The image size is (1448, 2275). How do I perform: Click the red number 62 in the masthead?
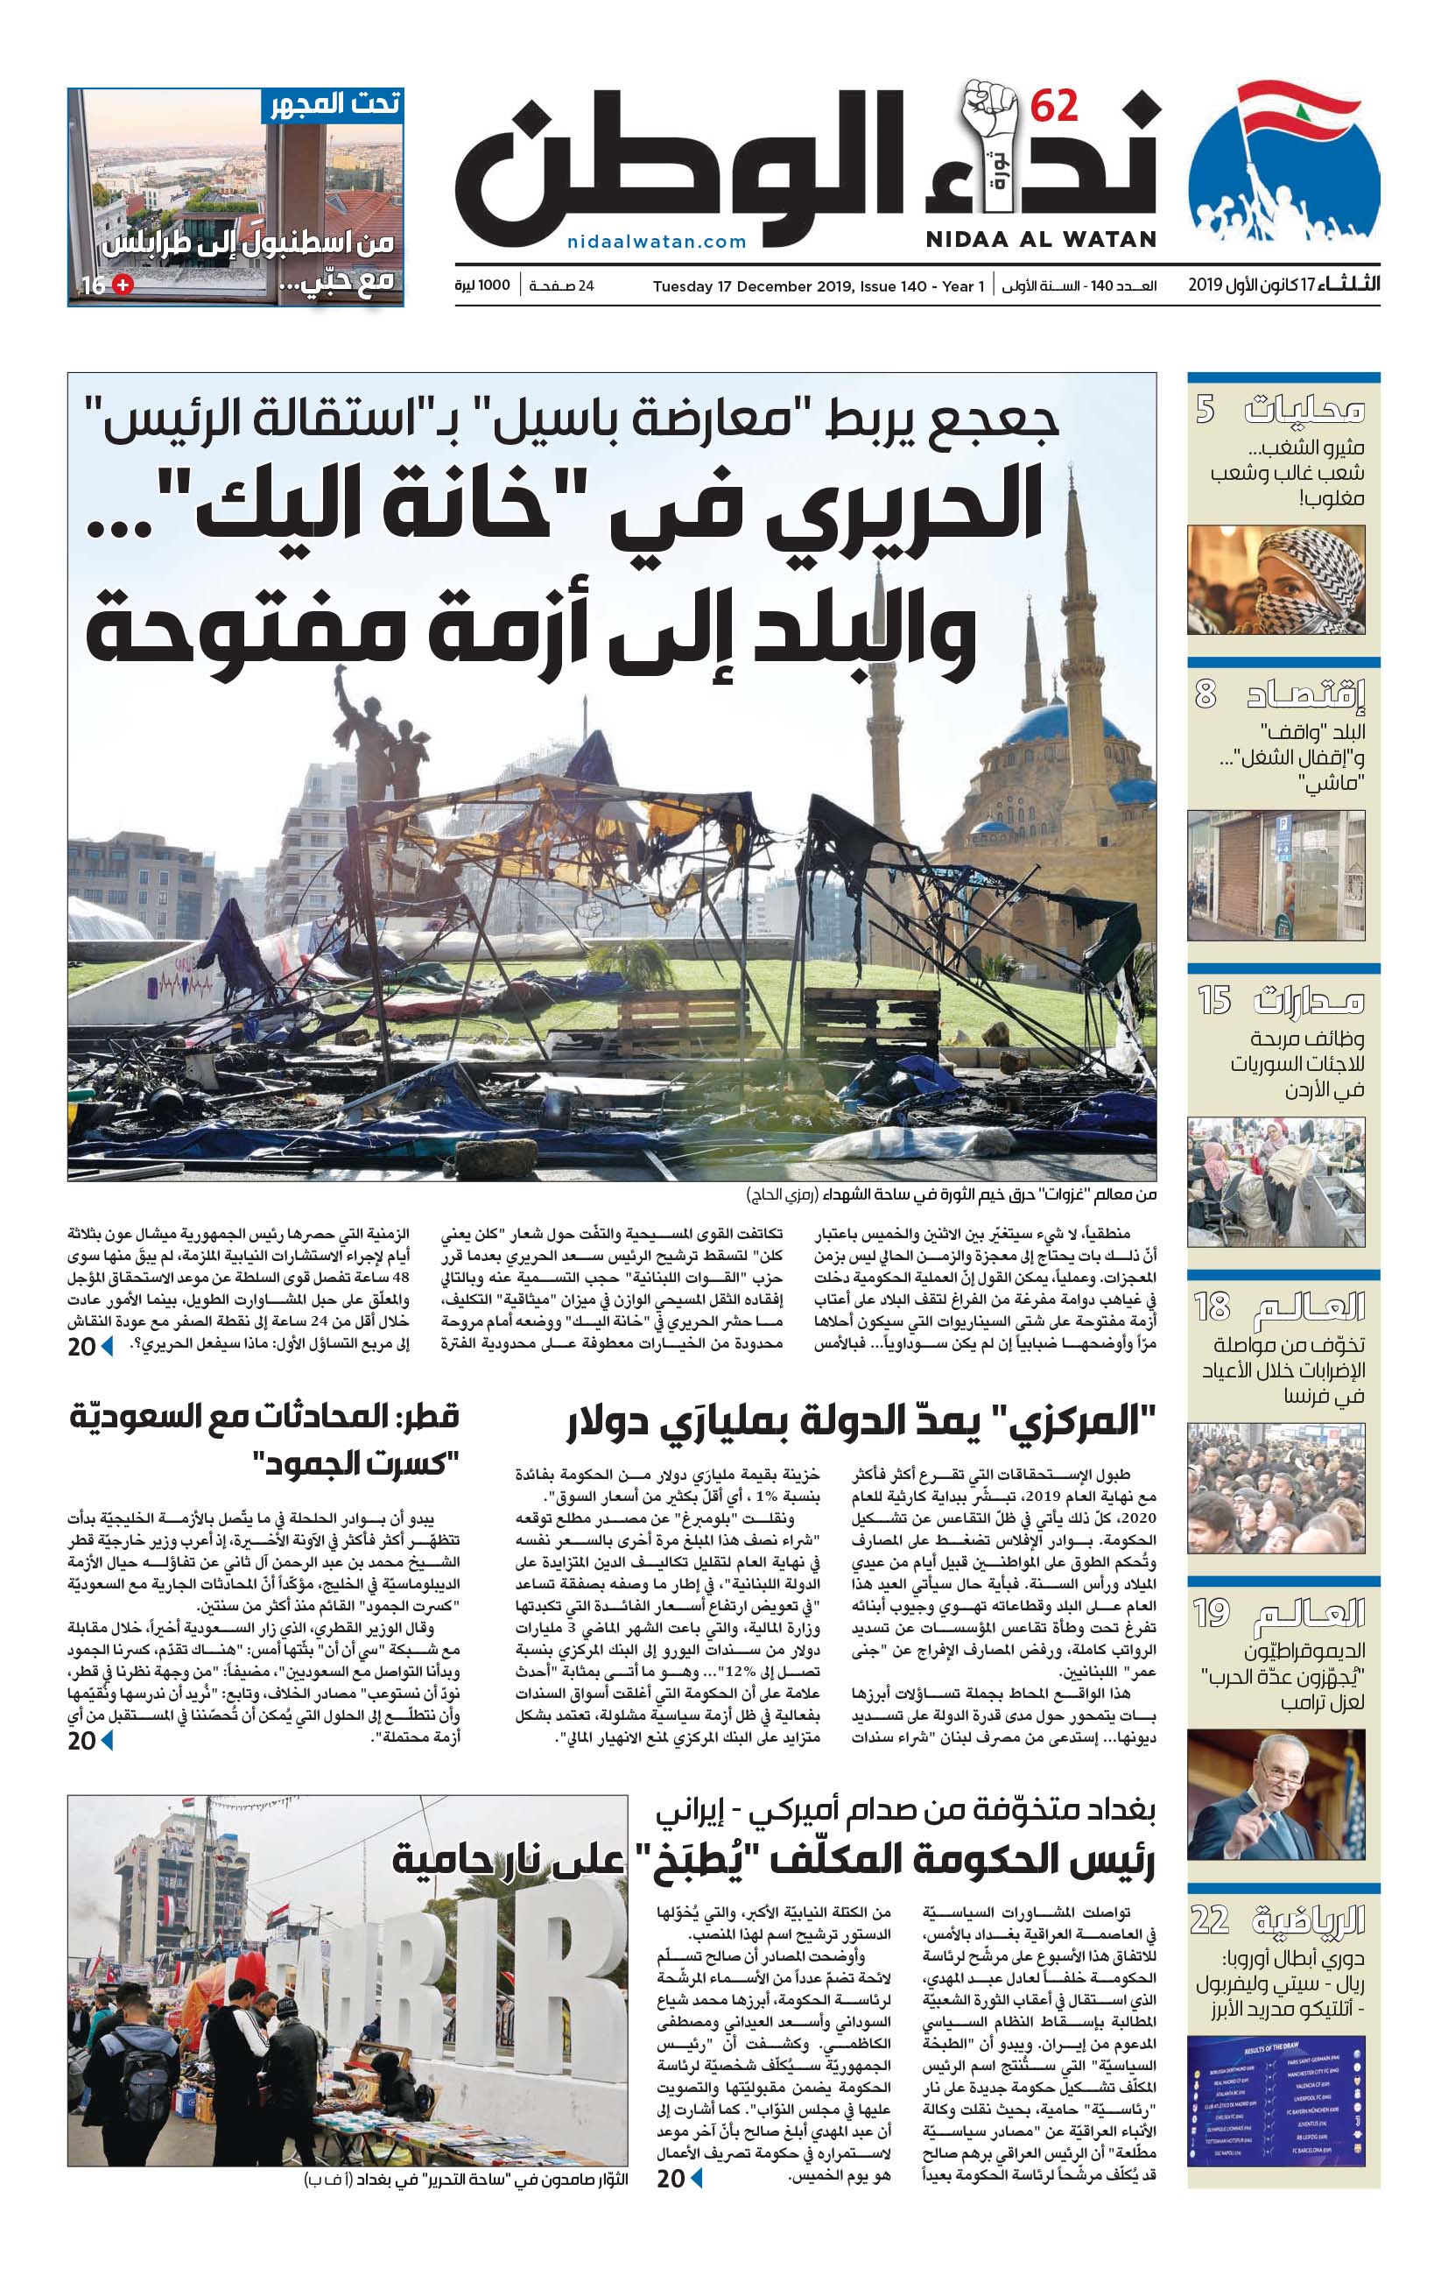(1053, 107)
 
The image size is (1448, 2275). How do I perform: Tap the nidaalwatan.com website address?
(657, 242)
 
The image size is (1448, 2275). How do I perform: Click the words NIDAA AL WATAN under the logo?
(1041, 240)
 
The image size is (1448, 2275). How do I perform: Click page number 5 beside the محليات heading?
(1205, 410)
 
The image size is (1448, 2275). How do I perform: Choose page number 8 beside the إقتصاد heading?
(1205, 694)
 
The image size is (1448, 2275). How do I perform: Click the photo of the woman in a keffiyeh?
(1276, 580)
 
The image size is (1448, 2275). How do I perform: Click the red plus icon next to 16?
(122, 285)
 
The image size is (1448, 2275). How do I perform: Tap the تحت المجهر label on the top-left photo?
(335, 104)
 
